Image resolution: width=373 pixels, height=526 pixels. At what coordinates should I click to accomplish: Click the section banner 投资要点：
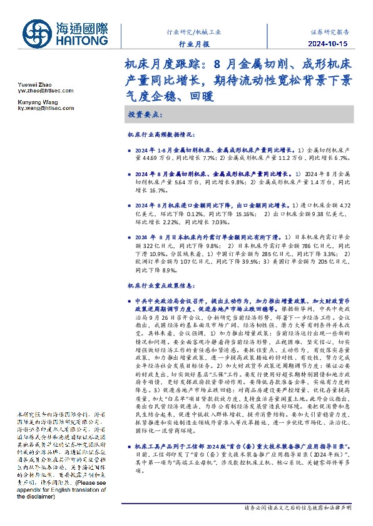coord(145,116)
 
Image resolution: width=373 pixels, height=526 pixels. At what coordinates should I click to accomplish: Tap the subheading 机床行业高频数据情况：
coord(161,134)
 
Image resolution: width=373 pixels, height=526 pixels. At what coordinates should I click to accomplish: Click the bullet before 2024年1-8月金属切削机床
coord(130,151)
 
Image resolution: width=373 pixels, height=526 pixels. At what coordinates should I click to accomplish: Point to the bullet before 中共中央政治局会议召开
coord(130,301)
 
